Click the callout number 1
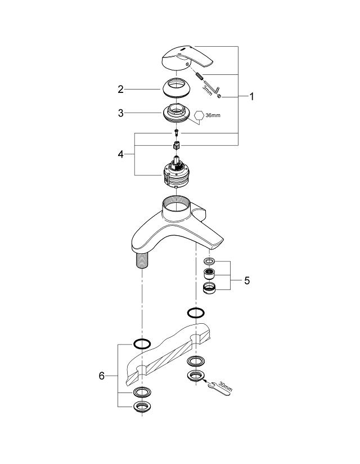pos(252,97)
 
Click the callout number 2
pos(120,89)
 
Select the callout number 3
pos(120,113)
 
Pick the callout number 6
pos(102,376)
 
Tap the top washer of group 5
pos(209,261)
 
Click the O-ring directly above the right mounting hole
pos(196,313)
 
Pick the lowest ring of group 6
pos(142,407)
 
